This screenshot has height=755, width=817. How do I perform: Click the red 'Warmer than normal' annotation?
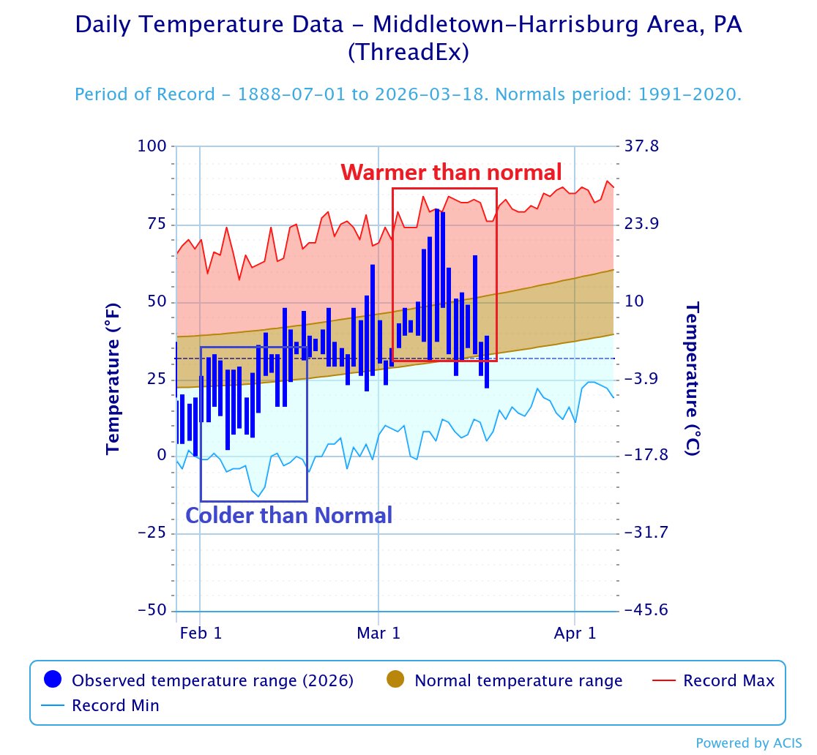[x=451, y=173]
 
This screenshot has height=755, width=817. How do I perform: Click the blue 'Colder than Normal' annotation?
[x=288, y=515]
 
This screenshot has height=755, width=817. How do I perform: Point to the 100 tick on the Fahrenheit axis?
[x=152, y=146]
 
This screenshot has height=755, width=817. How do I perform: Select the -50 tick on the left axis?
[x=151, y=610]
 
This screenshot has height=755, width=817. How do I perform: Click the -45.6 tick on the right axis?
[x=647, y=610]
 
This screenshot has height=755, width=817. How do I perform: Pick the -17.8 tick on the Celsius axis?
[x=647, y=456]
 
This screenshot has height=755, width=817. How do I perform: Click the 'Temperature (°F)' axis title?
[x=113, y=378]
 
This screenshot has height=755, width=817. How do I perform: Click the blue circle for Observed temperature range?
[x=53, y=680]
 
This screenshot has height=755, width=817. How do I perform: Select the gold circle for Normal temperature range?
[x=395, y=680]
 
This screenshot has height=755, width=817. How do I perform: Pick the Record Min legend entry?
[x=115, y=706]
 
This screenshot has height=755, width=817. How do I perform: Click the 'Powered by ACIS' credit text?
[x=748, y=743]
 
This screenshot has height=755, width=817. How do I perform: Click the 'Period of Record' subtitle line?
[x=409, y=95]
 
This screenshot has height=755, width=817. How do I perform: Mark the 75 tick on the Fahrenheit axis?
[x=157, y=224]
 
